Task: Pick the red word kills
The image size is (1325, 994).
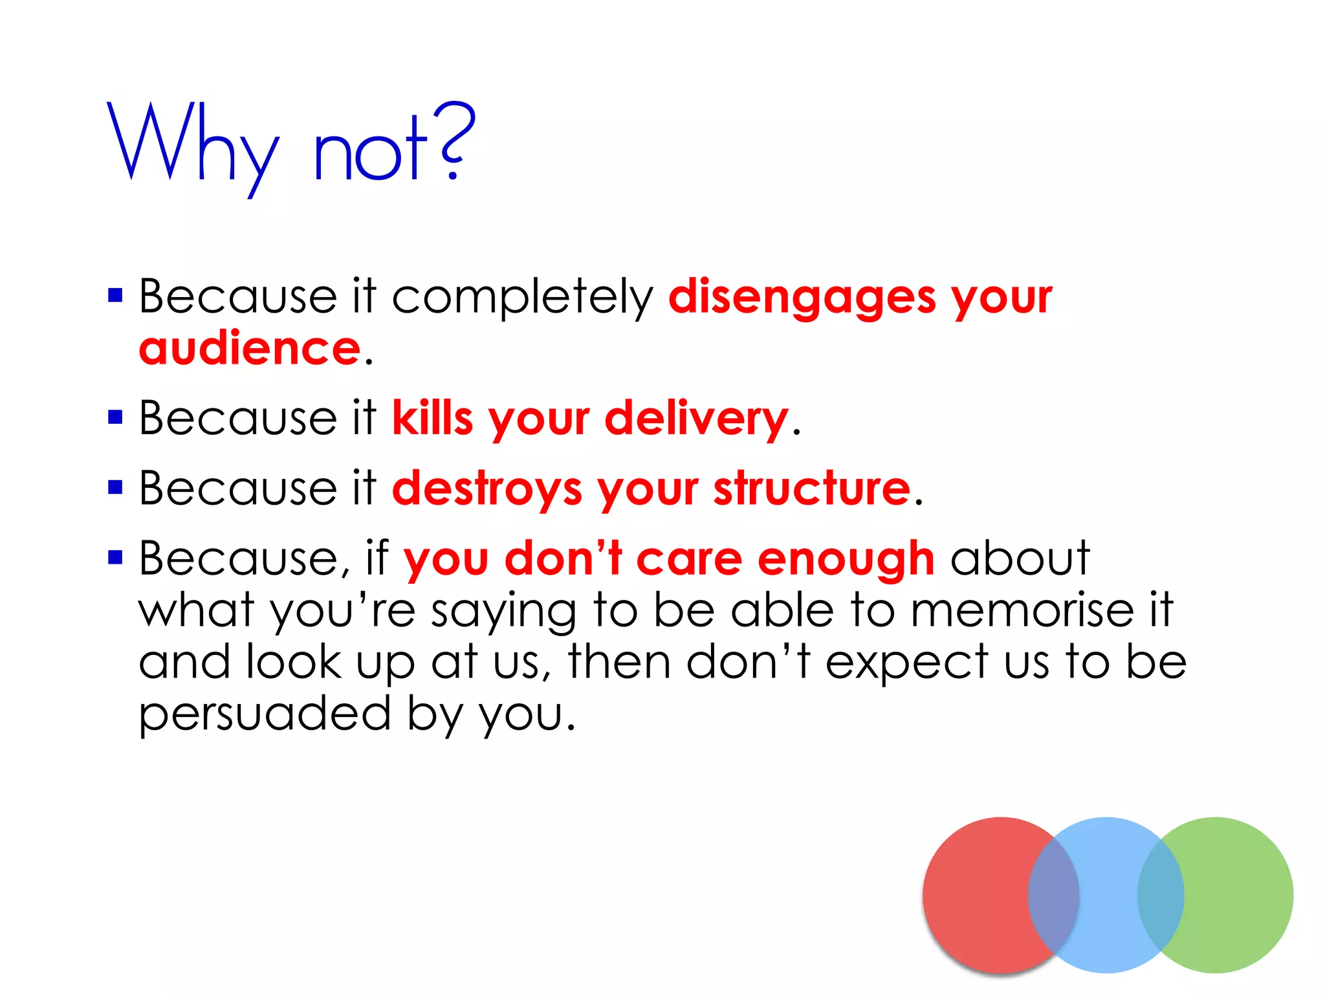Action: (433, 418)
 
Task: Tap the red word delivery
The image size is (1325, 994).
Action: (696, 419)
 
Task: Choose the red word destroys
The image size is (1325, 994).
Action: (487, 489)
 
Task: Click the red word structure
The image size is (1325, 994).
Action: (812, 488)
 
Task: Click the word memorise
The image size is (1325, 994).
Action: (1022, 610)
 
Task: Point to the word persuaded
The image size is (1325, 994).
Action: (265, 714)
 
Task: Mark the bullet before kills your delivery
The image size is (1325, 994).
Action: (116, 417)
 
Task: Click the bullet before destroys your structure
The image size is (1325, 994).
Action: (116, 487)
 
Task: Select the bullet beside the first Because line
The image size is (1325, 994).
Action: (116, 296)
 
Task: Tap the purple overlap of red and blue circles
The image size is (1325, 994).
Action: (1053, 895)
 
